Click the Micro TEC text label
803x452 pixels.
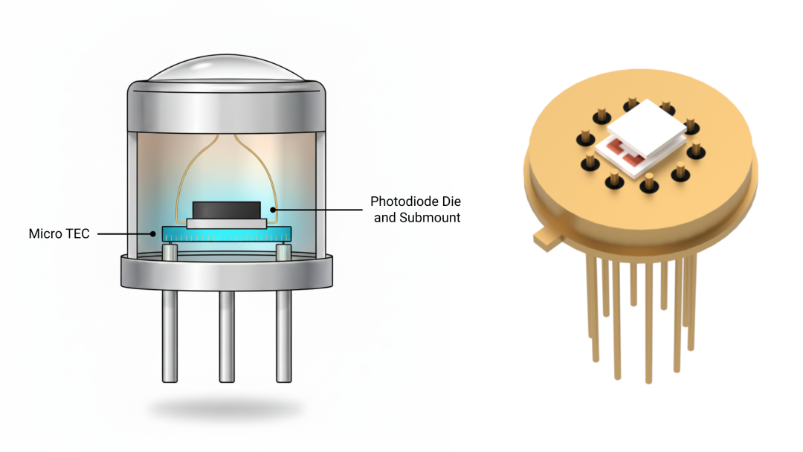pos(59,233)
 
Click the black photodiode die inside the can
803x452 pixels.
pos(226,210)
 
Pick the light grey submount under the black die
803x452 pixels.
pos(226,223)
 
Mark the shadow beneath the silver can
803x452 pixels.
pos(227,408)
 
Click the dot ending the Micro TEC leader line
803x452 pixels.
pos(154,233)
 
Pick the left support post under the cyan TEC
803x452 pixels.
pos(170,252)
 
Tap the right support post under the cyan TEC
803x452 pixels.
pos(283,252)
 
